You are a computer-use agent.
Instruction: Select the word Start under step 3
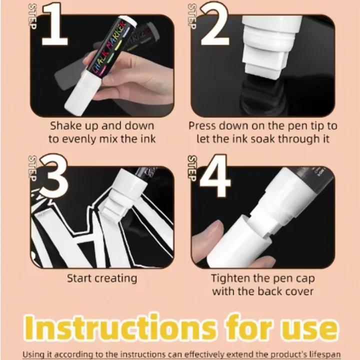(80, 278)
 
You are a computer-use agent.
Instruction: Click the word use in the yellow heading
(307, 327)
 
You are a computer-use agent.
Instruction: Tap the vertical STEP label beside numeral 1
(33, 16)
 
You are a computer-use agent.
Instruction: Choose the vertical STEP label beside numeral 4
(192, 167)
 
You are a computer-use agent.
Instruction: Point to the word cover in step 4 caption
(295, 291)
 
